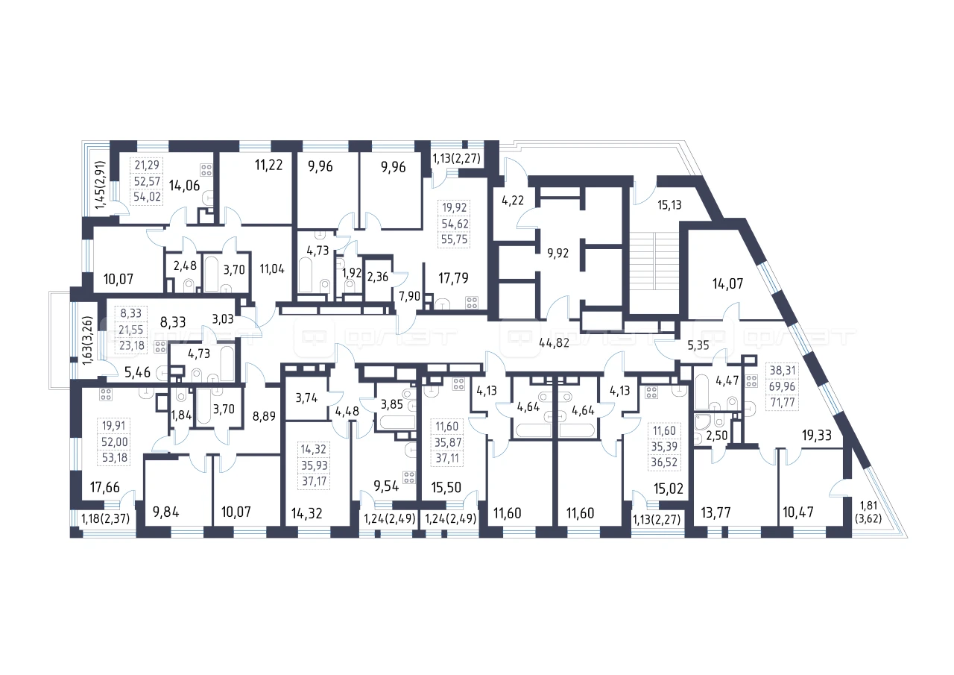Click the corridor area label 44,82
tap(554, 342)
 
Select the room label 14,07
tap(727, 283)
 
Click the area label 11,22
tap(269, 165)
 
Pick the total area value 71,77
tap(783, 402)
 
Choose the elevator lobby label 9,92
tap(558, 253)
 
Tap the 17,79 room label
tap(453, 278)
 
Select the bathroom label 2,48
tap(185, 266)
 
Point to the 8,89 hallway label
tap(264, 416)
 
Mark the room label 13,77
tap(716, 512)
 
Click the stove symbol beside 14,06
tap(206, 170)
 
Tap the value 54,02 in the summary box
tap(147, 198)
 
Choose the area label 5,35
tap(698, 345)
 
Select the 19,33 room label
tap(816, 436)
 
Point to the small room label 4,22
tap(513, 201)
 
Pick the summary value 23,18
tap(132, 345)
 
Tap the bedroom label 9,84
tap(165, 512)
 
